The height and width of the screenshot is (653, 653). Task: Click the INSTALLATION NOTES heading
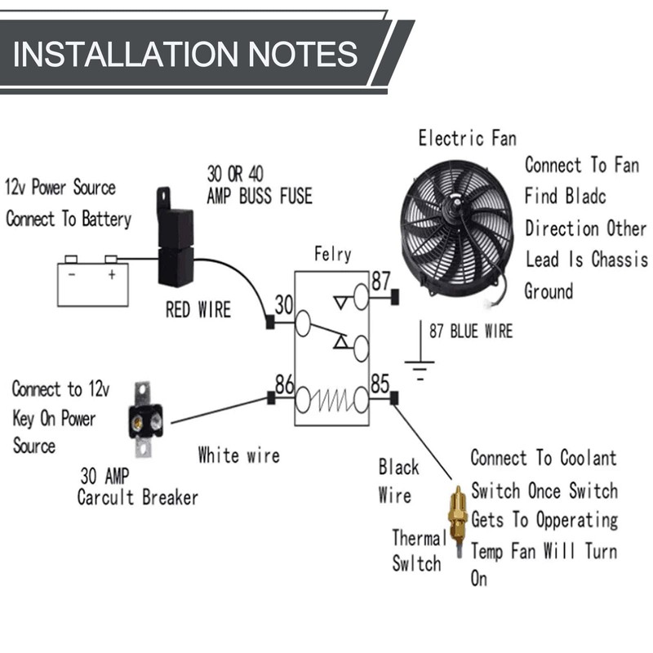(186, 54)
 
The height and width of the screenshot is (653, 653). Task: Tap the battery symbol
(92, 282)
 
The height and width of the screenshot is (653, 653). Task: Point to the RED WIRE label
(198, 310)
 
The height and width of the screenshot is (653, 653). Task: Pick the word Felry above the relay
(332, 254)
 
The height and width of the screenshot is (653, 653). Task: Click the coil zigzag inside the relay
(332, 400)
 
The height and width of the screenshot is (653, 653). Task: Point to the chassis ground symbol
(420, 369)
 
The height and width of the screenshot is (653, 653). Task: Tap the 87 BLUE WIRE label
(471, 331)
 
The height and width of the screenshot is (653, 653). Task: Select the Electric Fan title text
(467, 138)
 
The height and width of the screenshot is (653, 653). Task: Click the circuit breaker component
(144, 420)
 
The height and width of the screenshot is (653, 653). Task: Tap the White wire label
(238, 455)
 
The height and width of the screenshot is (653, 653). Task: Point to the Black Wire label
(398, 481)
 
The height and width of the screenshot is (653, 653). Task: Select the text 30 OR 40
(235, 174)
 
